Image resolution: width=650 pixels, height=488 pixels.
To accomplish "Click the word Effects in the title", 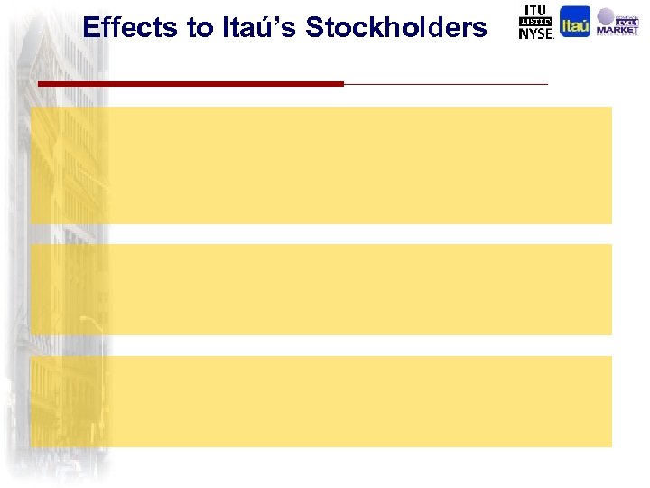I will (x=131, y=27).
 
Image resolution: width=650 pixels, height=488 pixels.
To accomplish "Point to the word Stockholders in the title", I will (x=396, y=27).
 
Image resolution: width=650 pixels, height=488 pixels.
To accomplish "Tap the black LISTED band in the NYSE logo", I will (x=534, y=22).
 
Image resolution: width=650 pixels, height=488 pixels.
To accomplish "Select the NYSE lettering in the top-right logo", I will (x=535, y=33).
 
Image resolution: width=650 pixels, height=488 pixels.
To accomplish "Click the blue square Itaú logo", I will (x=575, y=22).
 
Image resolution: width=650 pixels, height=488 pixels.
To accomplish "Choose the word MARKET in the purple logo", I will (x=617, y=33).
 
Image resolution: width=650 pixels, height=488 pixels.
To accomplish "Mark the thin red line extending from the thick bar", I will (x=446, y=84).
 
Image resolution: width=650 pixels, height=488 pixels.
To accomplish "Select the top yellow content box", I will (x=321, y=164).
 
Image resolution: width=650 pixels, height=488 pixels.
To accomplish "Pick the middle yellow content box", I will (x=321, y=289).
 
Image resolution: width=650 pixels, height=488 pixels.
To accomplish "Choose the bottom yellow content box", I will (x=321, y=401).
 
